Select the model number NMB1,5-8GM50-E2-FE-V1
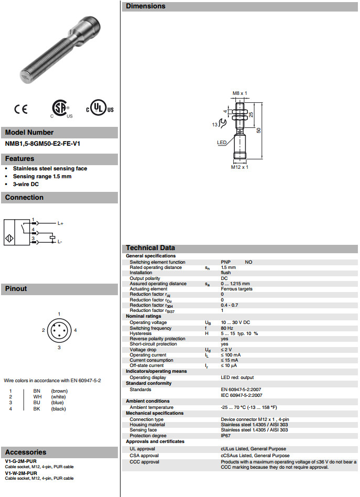(x=46, y=143)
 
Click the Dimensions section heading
(x=145, y=6)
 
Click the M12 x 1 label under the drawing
(x=239, y=167)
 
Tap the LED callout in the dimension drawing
(x=222, y=143)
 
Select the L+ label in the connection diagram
(x=60, y=224)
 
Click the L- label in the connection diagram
(x=60, y=242)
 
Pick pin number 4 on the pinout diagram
(x=75, y=330)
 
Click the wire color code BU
(x=37, y=403)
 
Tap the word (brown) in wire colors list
(x=59, y=391)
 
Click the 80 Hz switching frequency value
(x=227, y=328)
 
